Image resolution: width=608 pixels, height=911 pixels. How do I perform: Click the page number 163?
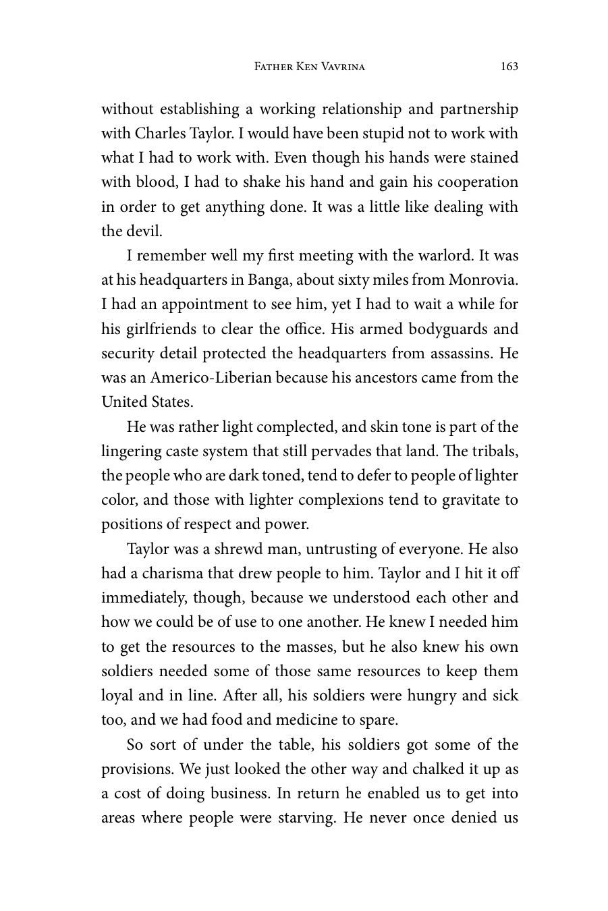click(x=509, y=66)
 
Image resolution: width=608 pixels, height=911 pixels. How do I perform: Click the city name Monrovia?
click(x=483, y=280)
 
